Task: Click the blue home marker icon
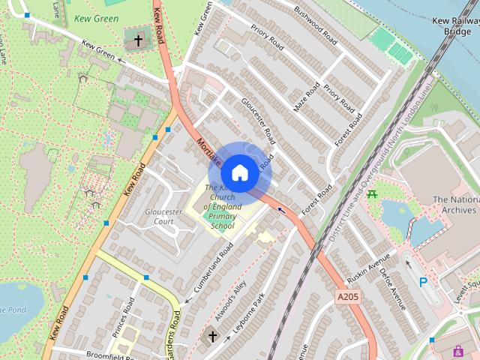click(x=239, y=172)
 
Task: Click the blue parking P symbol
click(x=424, y=282)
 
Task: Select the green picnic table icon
click(x=372, y=196)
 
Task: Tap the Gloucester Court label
click(x=163, y=217)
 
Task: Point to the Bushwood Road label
click(x=316, y=24)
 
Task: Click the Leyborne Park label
click(x=249, y=313)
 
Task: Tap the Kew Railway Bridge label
click(x=452, y=25)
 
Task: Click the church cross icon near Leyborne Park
click(x=212, y=337)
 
